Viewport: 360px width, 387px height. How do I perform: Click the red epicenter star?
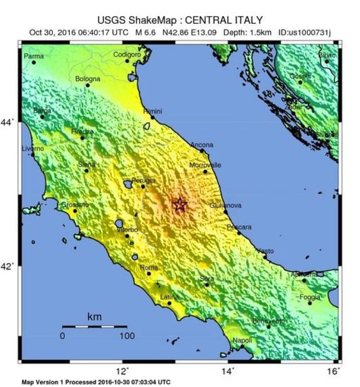tap(180, 204)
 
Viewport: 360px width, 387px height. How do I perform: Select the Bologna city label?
tap(87, 79)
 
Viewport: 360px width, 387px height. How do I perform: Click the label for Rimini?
tap(152, 111)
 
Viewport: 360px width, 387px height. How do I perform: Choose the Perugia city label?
tap(143, 180)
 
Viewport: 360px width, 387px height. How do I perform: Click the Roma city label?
tap(148, 267)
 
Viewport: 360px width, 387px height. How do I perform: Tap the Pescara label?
tap(239, 227)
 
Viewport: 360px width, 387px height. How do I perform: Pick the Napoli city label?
tap(242, 340)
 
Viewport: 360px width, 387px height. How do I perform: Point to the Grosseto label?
tap(75, 204)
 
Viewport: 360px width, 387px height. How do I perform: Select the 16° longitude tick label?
tap(332, 371)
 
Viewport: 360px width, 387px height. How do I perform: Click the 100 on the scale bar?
tap(126, 336)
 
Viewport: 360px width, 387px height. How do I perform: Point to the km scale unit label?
tap(94, 317)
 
